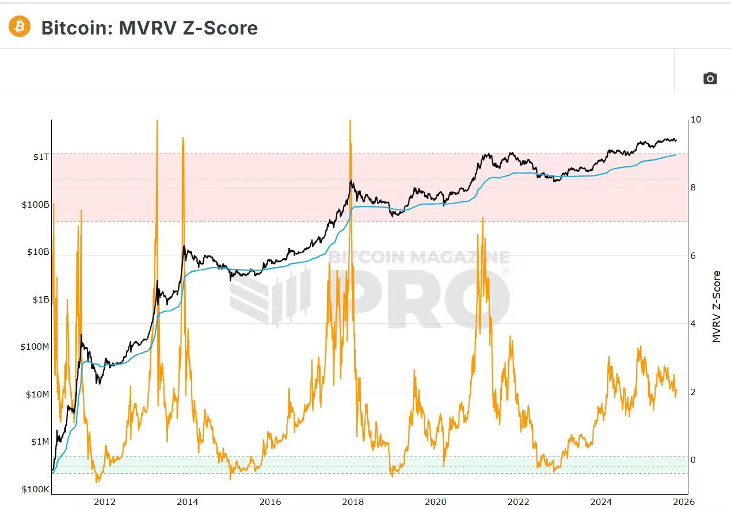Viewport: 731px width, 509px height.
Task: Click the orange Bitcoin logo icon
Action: [20, 26]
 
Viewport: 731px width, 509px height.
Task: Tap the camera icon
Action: [710, 78]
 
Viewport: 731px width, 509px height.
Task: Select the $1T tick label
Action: [40, 157]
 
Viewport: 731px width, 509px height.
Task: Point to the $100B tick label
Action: [35, 204]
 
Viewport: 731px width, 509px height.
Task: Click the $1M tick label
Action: [40, 442]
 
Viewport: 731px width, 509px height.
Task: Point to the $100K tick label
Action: [35, 489]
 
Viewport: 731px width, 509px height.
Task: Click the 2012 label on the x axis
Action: [104, 502]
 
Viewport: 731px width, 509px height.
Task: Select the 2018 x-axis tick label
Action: [353, 502]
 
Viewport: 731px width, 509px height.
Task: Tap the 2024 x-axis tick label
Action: [603, 502]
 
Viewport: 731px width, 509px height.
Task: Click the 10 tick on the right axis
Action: [696, 120]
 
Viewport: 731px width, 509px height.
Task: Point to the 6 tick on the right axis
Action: [694, 256]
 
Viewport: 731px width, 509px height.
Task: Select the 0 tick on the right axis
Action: [694, 460]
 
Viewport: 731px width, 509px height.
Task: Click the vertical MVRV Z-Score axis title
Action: [717, 307]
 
